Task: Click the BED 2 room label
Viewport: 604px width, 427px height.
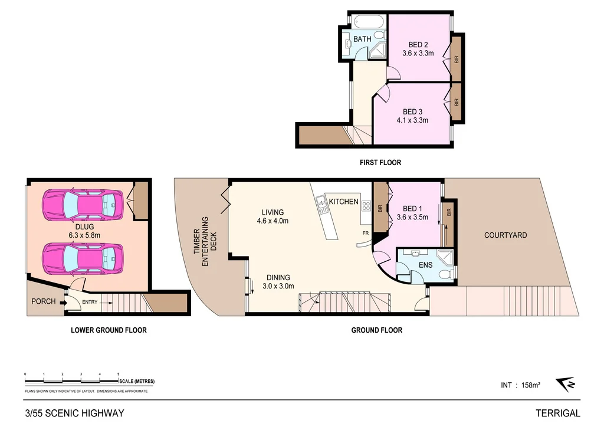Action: coord(418,44)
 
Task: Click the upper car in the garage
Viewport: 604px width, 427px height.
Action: coord(82,204)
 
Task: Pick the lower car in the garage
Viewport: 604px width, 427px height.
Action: coord(82,258)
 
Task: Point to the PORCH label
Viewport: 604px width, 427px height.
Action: coord(44,301)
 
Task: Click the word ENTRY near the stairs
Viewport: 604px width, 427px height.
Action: coord(90,303)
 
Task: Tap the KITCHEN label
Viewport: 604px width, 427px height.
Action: coord(343,202)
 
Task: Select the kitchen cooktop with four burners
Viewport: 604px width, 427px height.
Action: coord(365,206)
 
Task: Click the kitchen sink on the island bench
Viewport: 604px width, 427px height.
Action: coord(322,205)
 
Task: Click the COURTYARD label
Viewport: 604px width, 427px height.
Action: coord(505,235)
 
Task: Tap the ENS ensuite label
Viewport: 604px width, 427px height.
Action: coord(425,265)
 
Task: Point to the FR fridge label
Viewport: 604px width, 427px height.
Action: coord(366,233)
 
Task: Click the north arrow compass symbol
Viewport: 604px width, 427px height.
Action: coord(567,384)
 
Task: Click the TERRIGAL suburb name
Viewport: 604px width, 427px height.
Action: coord(557,413)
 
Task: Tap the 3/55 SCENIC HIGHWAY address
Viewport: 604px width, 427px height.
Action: coord(74,413)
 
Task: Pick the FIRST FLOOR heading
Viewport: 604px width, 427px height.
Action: coord(380,162)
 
